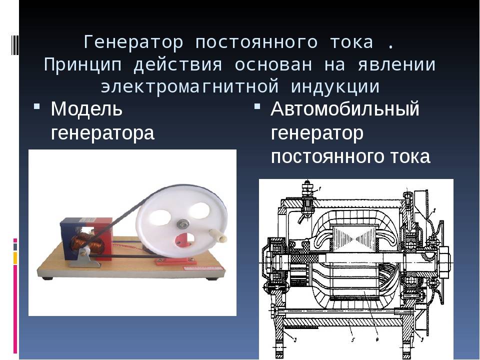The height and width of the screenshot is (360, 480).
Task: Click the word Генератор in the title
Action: click(133, 42)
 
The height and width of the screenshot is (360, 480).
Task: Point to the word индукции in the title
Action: click(335, 87)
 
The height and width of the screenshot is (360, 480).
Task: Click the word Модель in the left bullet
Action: click(86, 108)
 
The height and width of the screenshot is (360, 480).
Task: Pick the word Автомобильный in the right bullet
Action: click(344, 108)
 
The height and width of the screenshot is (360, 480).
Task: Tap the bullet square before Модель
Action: click(36, 106)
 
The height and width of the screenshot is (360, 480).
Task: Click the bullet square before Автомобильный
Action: click(257, 106)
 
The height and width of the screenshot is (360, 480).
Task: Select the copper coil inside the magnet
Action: click(87, 242)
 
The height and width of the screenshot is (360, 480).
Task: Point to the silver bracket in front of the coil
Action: click(83, 258)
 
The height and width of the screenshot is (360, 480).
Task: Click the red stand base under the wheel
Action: click(175, 261)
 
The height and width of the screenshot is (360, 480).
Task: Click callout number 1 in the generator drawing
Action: click(319, 187)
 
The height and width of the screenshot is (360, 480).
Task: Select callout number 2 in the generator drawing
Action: click(434, 210)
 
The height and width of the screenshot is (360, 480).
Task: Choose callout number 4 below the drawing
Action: click(377, 339)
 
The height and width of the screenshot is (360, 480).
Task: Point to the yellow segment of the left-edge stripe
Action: click(15, 258)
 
